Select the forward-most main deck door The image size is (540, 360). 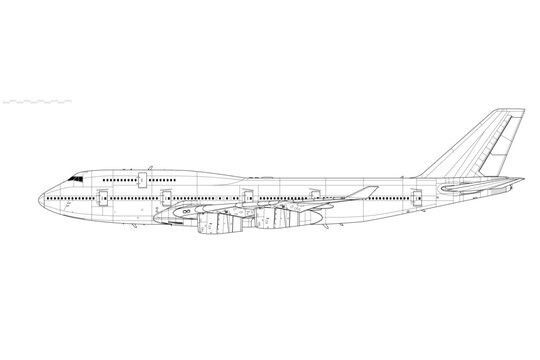click(102, 195)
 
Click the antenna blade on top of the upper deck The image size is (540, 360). click(151, 167)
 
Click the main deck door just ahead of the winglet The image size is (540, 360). click(314, 195)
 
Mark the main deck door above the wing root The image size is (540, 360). click(246, 195)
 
